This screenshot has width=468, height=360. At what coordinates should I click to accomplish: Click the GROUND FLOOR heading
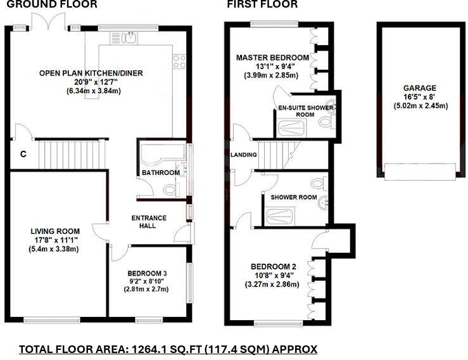(x=52, y=4)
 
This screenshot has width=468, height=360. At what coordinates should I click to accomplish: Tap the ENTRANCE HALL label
(x=148, y=222)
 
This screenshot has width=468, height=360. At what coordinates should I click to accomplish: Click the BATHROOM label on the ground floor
(x=161, y=172)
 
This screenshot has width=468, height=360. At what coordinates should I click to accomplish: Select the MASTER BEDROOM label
(x=272, y=58)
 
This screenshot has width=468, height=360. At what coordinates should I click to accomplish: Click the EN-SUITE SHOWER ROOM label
(x=306, y=112)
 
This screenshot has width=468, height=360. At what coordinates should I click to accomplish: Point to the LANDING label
(x=243, y=155)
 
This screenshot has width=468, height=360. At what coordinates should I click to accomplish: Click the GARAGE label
(x=420, y=88)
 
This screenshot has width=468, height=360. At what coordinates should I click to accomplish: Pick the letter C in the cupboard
(x=22, y=153)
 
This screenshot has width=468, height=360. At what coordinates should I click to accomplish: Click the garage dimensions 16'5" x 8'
(x=420, y=97)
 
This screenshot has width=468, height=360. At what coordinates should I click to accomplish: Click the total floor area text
(x=168, y=349)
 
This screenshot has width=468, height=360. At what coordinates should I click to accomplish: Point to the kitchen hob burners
(x=179, y=62)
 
